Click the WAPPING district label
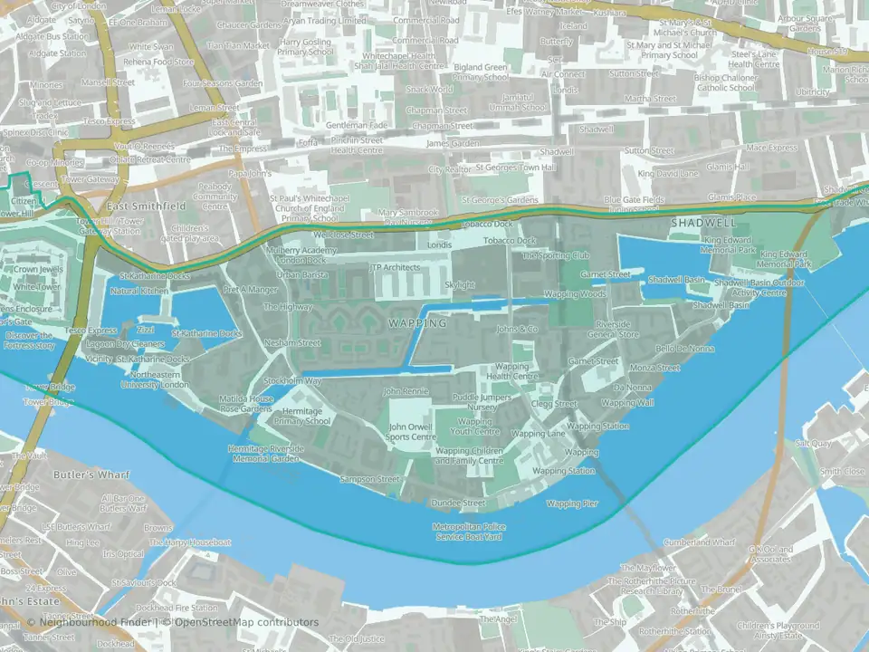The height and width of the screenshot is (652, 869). pos(417,322)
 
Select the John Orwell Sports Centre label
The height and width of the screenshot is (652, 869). pos(412,431)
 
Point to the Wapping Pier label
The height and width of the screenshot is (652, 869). pos(572,503)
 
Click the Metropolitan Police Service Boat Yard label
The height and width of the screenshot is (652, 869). pos(469,532)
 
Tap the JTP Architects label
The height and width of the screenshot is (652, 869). pos(396,268)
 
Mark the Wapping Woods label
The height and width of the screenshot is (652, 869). pos(575,294)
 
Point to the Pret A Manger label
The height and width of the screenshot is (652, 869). pos(251,290)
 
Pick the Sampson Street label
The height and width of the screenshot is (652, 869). pos(368,479)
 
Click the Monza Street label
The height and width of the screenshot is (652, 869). pos(654,368)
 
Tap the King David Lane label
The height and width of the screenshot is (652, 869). pos(668,173)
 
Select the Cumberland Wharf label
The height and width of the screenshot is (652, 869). pos(699,542)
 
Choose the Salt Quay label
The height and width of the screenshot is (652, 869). pos(813,444)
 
